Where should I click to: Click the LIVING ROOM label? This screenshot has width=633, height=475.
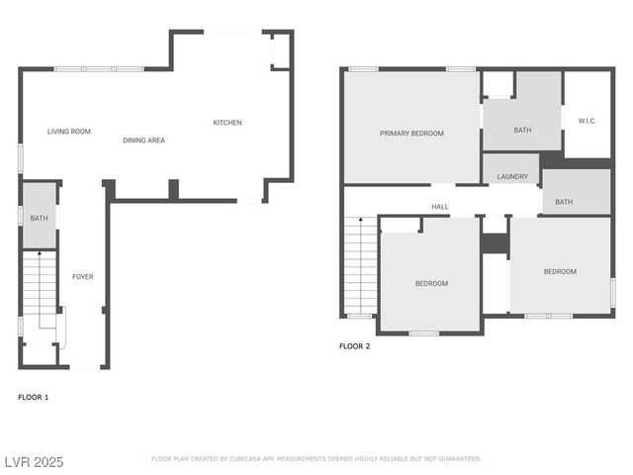click(x=69, y=131)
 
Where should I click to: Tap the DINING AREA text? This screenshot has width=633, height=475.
click(x=143, y=141)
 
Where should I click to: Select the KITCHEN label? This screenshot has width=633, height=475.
click(x=227, y=123)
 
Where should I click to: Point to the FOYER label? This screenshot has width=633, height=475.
click(x=83, y=277)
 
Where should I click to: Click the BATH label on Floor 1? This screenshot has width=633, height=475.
click(x=39, y=218)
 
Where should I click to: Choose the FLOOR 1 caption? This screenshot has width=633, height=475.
click(x=33, y=397)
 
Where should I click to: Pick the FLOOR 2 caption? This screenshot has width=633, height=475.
click(x=354, y=346)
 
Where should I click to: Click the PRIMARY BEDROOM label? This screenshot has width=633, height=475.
click(x=411, y=133)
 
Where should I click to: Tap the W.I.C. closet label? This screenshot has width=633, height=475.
click(x=588, y=121)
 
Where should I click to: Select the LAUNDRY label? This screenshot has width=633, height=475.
click(x=512, y=177)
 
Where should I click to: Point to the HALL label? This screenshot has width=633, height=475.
click(x=440, y=207)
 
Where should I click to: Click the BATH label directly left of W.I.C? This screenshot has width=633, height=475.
click(x=522, y=130)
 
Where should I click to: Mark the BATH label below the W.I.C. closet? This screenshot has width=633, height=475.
click(x=564, y=202)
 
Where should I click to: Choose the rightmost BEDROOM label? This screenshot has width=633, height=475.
click(x=560, y=271)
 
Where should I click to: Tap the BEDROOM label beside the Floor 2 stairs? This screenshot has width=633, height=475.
click(x=431, y=284)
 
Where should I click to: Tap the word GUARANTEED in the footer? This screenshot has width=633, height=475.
click(x=458, y=459)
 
